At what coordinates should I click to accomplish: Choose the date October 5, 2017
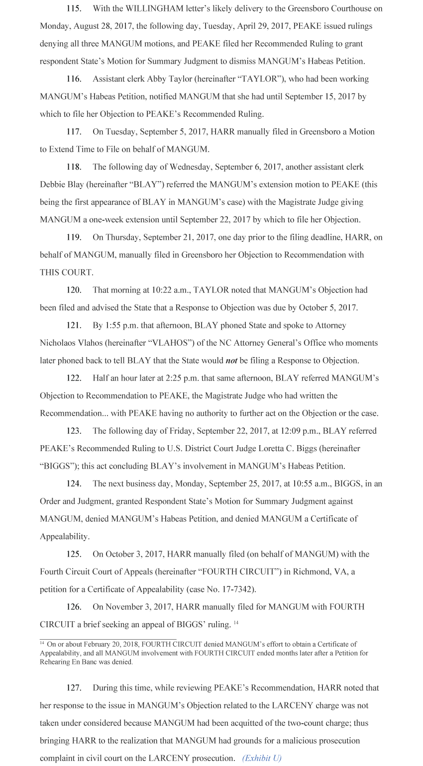pos(327,307)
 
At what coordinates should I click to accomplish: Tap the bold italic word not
pos(231,360)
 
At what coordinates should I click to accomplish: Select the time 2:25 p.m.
pos(169,378)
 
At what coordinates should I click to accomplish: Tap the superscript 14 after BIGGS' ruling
pos(236,622)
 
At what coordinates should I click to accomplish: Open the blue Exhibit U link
pos(262,758)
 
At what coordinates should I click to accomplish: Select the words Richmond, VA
pos(321,572)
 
